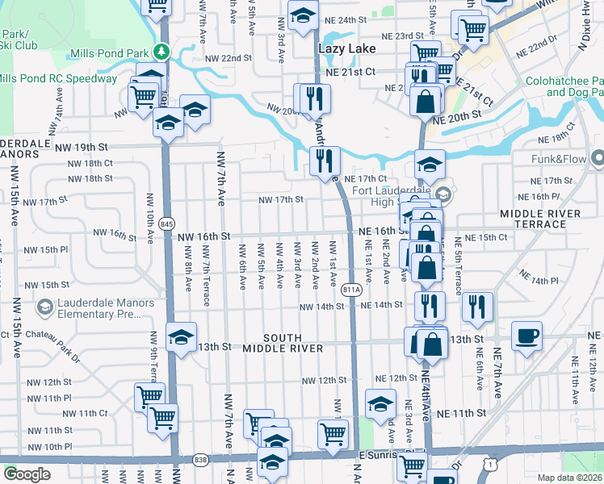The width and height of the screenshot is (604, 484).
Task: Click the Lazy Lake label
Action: coord(347,49)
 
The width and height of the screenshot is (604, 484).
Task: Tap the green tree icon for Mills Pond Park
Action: coord(162,52)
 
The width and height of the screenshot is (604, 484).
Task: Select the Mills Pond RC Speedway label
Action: coord(58,78)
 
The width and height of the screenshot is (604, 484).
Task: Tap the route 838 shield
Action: coord(201,460)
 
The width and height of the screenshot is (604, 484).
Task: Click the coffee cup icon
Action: coord(526,335)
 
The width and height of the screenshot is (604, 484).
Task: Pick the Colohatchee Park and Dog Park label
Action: coord(564,86)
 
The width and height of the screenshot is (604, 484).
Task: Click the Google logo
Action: coord(27,474)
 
